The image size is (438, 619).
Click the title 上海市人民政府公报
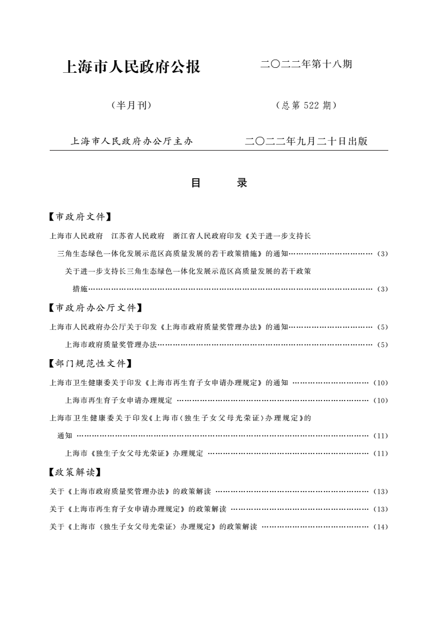132,67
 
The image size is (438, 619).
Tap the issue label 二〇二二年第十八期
306,65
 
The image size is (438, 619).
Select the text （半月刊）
131,105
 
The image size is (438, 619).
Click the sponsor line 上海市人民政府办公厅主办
131,141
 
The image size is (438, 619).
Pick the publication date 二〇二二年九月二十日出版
306,141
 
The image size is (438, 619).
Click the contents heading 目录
219,183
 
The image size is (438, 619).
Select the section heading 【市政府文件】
81,217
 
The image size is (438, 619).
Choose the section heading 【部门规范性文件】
92,363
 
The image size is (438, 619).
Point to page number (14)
381,527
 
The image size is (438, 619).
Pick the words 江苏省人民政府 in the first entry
138,236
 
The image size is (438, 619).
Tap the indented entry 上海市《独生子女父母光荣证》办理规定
134,453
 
